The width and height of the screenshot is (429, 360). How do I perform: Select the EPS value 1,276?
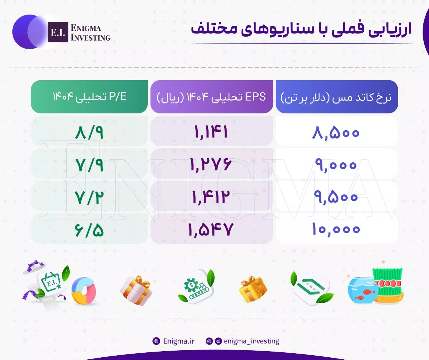[x=211, y=164]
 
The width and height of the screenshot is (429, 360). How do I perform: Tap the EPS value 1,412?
[x=211, y=197]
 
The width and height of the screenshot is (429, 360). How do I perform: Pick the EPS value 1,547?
[x=211, y=229]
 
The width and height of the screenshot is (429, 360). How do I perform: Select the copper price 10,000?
[x=336, y=229]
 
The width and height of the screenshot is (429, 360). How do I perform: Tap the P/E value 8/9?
[x=89, y=133]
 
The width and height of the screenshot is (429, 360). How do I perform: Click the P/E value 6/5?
[x=89, y=230]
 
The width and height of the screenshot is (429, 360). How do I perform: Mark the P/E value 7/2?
[x=89, y=198]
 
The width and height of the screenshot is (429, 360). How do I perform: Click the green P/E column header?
[x=89, y=97]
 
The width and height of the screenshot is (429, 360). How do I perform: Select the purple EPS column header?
[x=211, y=97]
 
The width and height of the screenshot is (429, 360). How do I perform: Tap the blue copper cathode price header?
[x=337, y=97]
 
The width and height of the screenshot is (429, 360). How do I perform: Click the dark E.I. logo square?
[x=58, y=32]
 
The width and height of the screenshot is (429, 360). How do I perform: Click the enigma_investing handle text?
[x=251, y=341]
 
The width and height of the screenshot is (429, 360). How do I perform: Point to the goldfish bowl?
[x=363, y=290]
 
